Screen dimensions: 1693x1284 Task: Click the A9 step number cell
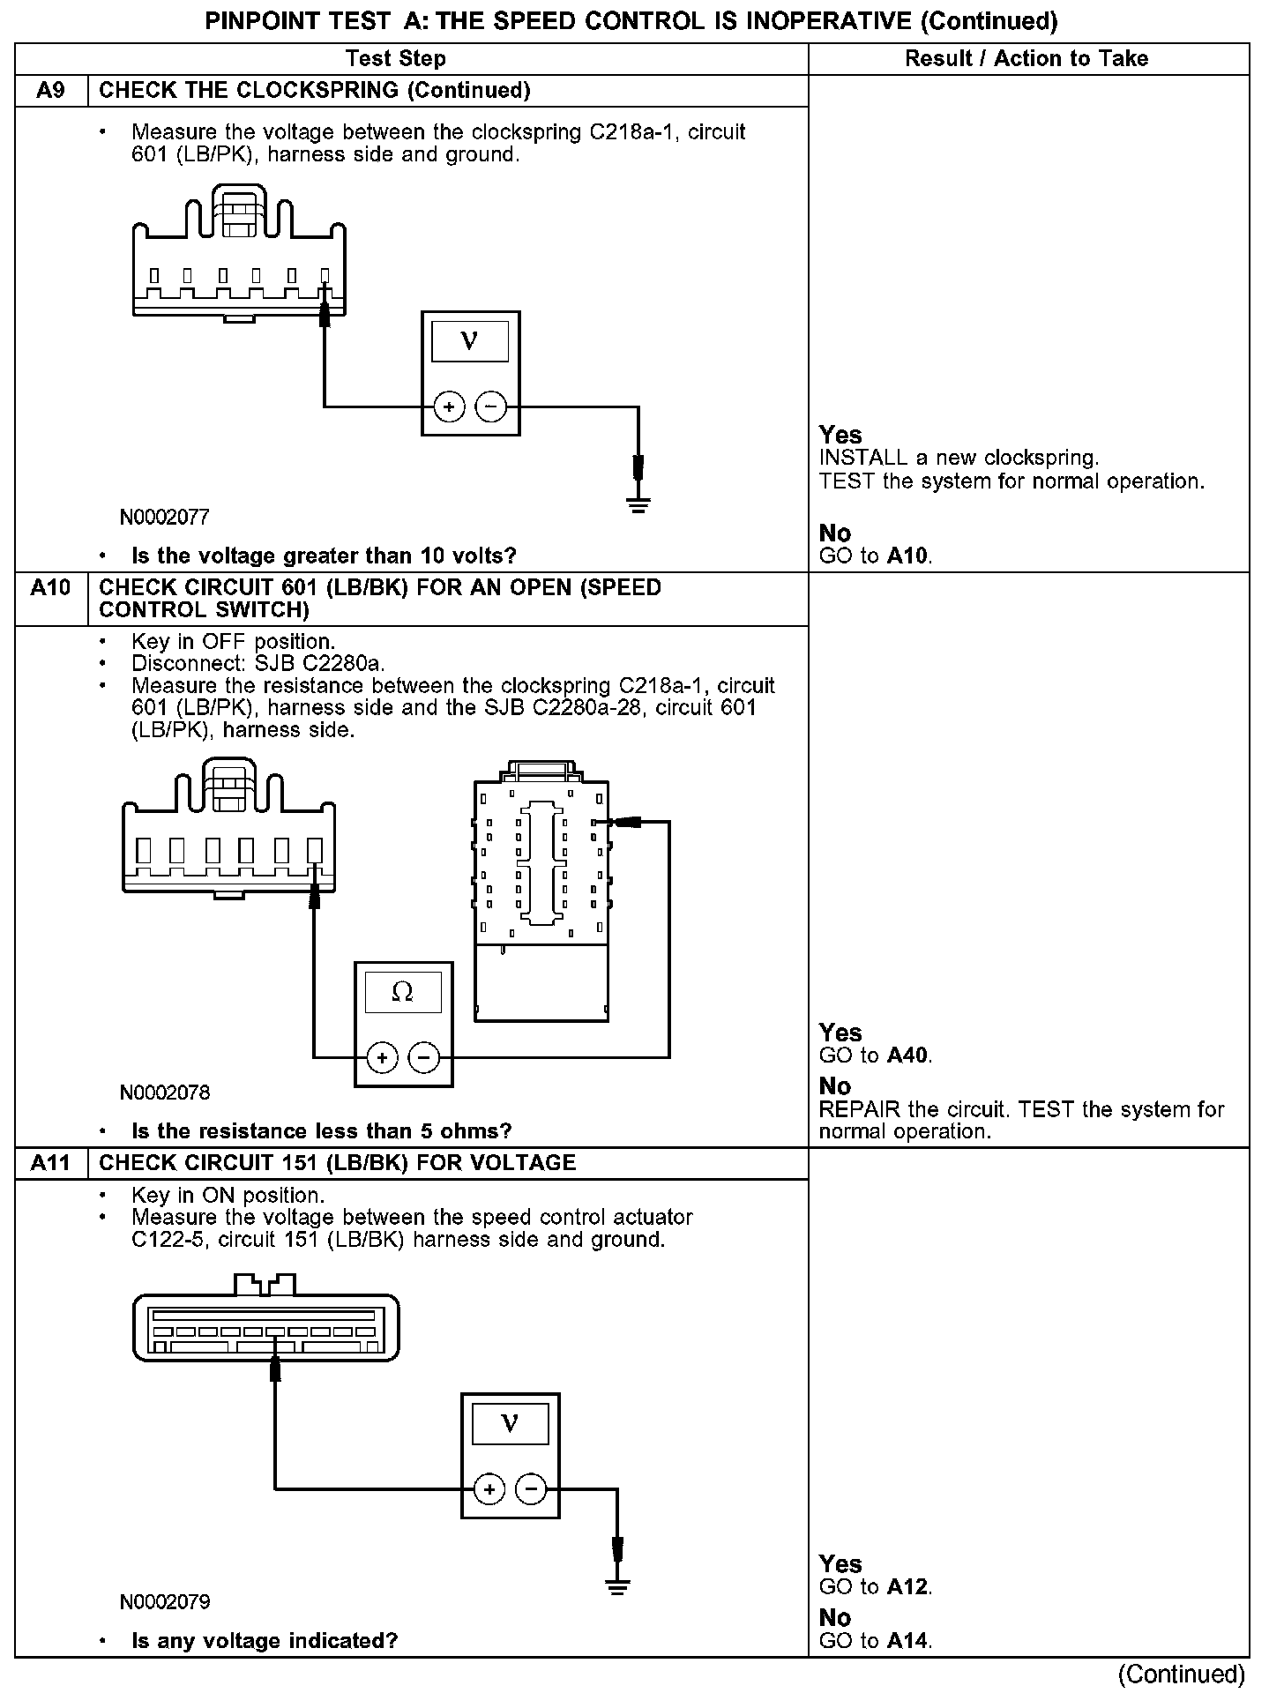[x=51, y=91]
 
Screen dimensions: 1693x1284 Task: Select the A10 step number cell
[x=51, y=588]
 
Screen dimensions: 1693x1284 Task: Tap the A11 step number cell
[x=51, y=1163]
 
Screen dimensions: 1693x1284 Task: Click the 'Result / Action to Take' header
[x=1027, y=59]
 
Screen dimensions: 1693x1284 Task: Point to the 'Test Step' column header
[x=396, y=59]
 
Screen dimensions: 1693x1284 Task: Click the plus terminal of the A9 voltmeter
[x=450, y=406]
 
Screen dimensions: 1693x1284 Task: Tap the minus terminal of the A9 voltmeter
[x=491, y=406]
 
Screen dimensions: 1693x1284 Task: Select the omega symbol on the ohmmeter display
[x=402, y=993]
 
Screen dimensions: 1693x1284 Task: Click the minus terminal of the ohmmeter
[x=424, y=1057]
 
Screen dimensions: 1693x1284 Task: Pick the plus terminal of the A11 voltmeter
[x=489, y=1489]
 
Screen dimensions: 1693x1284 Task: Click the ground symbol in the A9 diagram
[x=638, y=505]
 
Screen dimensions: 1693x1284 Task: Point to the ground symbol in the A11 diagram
[x=617, y=1588]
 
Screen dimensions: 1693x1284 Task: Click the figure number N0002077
[x=165, y=517]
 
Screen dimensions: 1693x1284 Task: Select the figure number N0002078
[x=165, y=1093]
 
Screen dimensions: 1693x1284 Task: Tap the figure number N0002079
[x=165, y=1601]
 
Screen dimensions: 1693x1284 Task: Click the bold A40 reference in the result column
[x=908, y=1055]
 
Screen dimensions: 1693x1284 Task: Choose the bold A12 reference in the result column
[x=908, y=1587]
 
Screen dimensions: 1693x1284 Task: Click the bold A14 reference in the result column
[x=908, y=1641]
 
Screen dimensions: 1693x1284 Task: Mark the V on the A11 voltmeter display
[x=510, y=1423]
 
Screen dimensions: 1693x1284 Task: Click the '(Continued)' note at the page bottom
[x=1182, y=1674]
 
